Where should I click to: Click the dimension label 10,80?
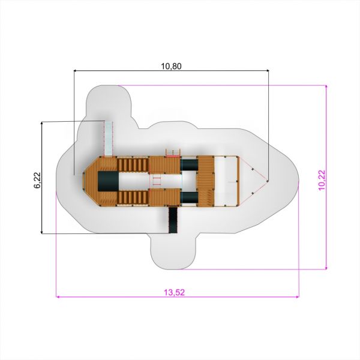click(x=171, y=66)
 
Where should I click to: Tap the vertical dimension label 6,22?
click(x=37, y=181)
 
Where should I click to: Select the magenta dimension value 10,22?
click(x=322, y=180)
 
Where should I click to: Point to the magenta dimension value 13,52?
click(x=174, y=292)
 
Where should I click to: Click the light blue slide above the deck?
click(x=109, y=139)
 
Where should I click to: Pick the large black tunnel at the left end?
click(x=109, y=181)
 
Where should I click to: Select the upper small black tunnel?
click(x=190, y=165)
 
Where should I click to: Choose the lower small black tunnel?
click(x=190, y=197)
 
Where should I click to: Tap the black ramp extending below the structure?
click(x=173, y=220)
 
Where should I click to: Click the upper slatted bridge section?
click(x=133, y=164)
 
